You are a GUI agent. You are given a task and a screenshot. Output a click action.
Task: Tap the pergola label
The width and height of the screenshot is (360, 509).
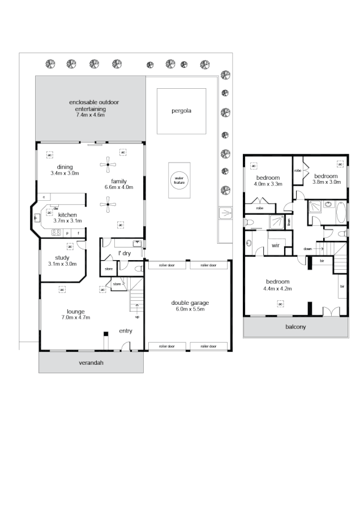point(181,111)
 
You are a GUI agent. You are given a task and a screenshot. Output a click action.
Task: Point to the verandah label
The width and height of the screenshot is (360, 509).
point(91,363)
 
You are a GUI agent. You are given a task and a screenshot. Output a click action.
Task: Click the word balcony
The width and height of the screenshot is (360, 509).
point(296,327)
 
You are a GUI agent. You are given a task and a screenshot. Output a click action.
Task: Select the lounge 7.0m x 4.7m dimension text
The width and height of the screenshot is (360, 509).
point(75,317)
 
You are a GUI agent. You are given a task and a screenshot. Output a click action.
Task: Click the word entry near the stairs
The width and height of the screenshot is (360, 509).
point(126,331)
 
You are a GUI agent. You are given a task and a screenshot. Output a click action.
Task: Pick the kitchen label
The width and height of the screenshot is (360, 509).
point(67,215)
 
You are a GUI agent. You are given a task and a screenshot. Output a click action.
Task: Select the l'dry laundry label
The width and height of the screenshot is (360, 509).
point(124,252)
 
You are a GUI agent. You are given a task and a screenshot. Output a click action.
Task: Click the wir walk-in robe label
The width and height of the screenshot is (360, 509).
point(276,245)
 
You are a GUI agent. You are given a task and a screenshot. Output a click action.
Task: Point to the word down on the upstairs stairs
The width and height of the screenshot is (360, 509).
point(307,248)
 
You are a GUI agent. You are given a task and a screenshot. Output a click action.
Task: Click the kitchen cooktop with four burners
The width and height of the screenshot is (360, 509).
point(57,232)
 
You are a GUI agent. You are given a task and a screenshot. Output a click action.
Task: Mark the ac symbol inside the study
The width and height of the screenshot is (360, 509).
point(70,246)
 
